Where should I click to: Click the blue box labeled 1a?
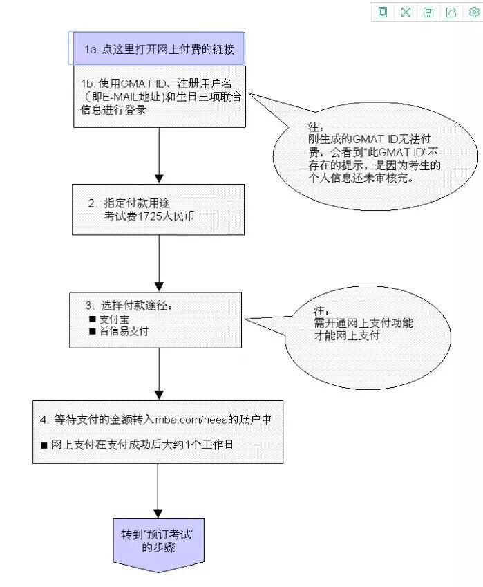point(158,49)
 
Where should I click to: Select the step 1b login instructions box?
point(160,96)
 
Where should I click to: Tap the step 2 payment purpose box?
point(158,209)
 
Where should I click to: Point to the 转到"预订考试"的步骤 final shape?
point(158,541)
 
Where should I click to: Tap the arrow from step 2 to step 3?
point(159,263)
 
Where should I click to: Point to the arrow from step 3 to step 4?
point(159,373)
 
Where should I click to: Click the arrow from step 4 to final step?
point(158,488)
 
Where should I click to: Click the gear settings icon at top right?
point(473,12)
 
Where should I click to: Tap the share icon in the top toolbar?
point(451,12)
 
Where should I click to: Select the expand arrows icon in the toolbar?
point(406,12)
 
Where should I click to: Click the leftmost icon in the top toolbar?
point(383,12)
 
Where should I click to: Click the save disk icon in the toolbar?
point(428,12)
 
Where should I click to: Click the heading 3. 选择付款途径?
point(128,305)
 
